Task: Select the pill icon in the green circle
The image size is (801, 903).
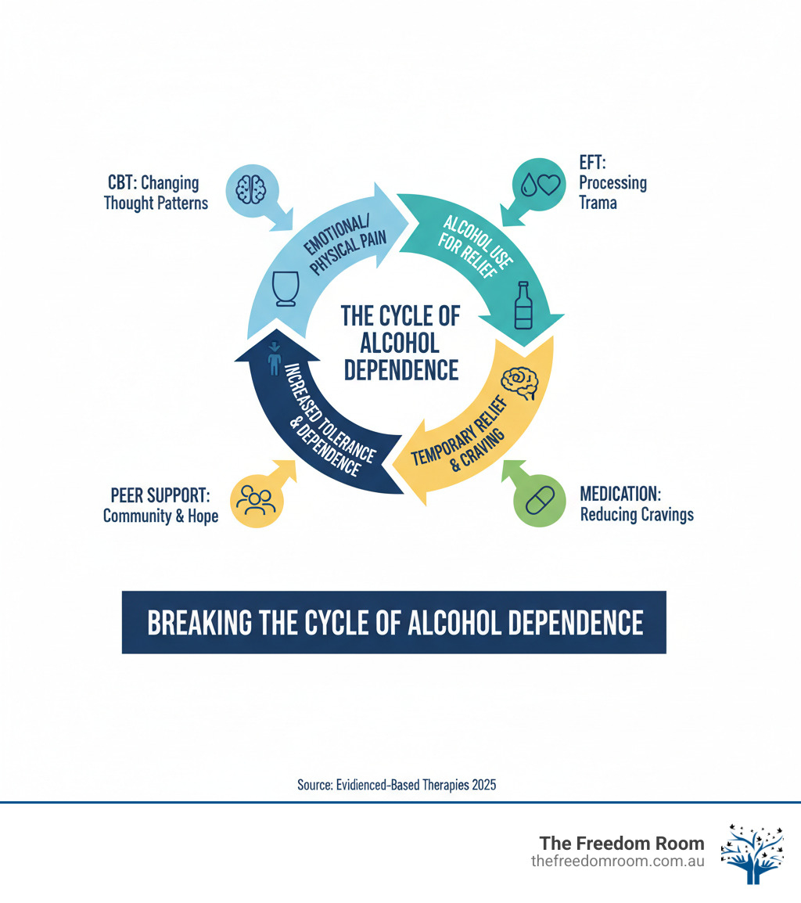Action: [x=537, y=502]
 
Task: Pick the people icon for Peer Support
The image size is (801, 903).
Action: [x=256, y=501]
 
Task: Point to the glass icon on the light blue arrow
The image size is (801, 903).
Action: [x=286, y=288]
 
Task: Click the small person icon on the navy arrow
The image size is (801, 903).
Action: [x=274, y=360]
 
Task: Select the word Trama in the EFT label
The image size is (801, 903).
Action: [x=598, y=203]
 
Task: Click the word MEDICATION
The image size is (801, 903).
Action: [x=620, y=495]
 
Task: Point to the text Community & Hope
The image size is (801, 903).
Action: [x=160, y=516]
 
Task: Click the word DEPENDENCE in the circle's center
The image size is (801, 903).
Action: [x=401, y=369]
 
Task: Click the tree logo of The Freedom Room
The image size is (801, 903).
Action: [x=751, y=854]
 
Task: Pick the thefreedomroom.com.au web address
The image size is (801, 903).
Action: [x=617, y=861]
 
